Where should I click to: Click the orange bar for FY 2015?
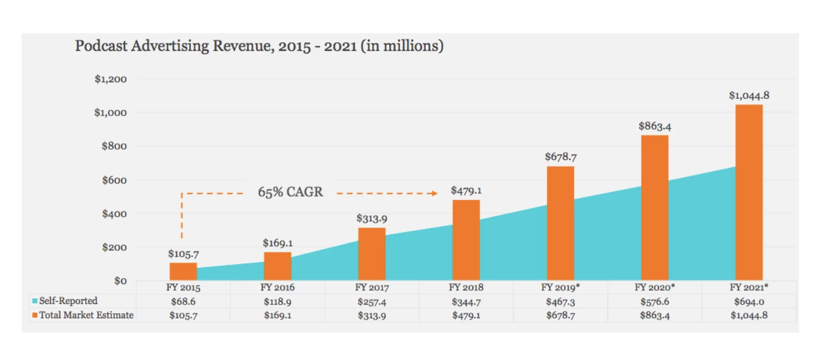(183, 271)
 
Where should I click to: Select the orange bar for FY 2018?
(466, 240)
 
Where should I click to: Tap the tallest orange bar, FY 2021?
(749, 192)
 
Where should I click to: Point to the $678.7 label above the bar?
(560, 157)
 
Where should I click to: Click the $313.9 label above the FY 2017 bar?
(371, 218)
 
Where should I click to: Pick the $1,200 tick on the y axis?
(110, 79)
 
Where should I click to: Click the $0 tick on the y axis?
(119, 281)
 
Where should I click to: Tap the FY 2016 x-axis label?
(277, 287)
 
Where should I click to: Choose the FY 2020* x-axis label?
(654, 287)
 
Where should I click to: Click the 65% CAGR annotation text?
(290, 192)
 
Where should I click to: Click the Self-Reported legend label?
(68, 301)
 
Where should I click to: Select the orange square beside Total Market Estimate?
(35, 315)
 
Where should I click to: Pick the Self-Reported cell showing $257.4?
(371, 301)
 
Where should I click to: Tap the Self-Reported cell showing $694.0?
(749, 301)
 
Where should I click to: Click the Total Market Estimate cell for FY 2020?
(654, 315)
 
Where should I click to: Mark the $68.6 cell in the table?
(183, 301)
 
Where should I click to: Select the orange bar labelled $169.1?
(277, 266)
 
